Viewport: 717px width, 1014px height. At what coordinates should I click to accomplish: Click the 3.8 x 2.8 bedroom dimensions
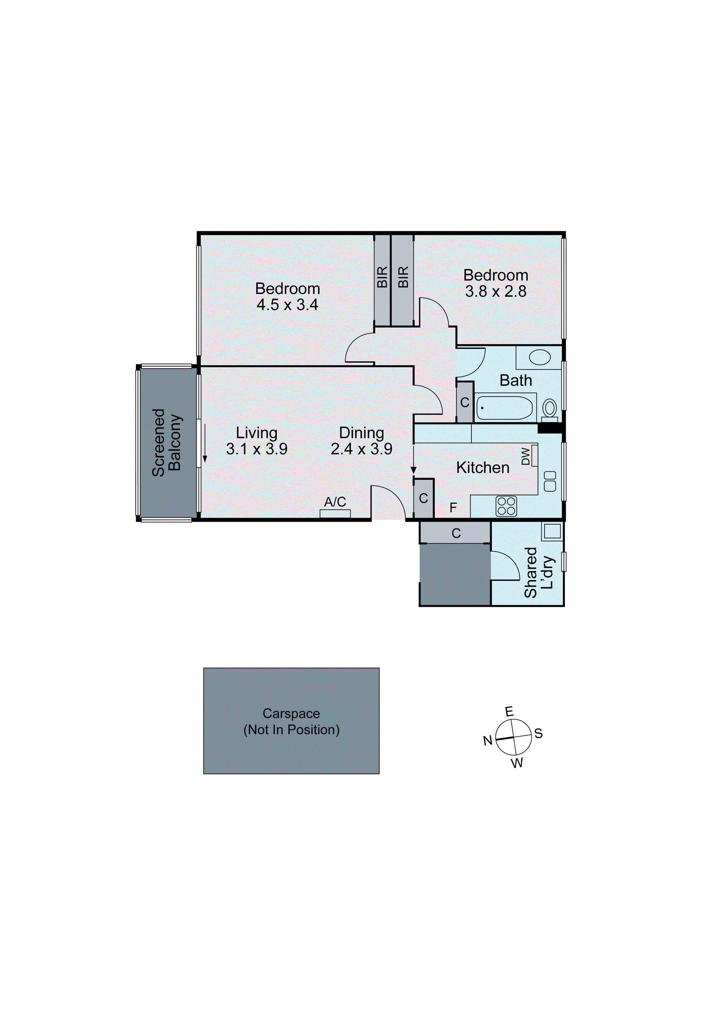496,291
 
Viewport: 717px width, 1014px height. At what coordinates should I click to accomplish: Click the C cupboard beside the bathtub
465,402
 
